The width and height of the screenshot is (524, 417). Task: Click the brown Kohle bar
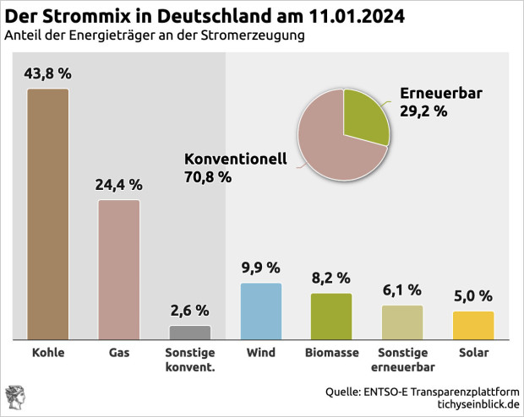point(47,213)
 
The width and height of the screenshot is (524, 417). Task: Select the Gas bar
point(118,268)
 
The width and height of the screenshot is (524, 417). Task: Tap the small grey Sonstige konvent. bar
point(190,332)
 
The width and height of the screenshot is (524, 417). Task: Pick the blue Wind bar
point(261,311)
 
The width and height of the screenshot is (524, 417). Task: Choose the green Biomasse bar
point(331,316)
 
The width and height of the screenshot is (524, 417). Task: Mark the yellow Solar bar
point(473,325)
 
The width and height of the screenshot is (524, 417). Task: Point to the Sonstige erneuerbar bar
point(402,322)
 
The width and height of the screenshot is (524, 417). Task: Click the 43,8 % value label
point(48,73)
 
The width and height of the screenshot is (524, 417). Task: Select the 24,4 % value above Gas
point(119,185)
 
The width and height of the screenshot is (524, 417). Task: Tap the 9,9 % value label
point(260,268)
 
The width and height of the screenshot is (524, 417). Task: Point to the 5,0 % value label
point(473,296)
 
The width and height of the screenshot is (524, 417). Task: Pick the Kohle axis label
point(47,352)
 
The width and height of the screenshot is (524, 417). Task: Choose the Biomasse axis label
point(331,352)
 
